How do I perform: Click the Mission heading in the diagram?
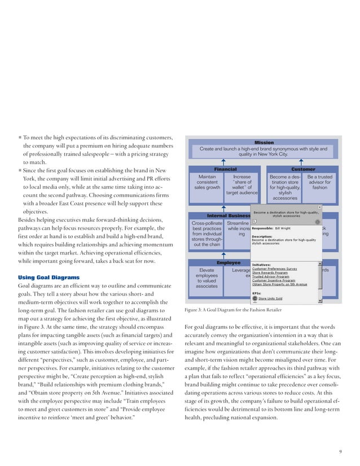pos(264,143)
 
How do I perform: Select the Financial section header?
pos(225,169)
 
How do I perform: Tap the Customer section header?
pos(303,169)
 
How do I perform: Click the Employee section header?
pos(229,263)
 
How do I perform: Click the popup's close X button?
pos(320,208)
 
